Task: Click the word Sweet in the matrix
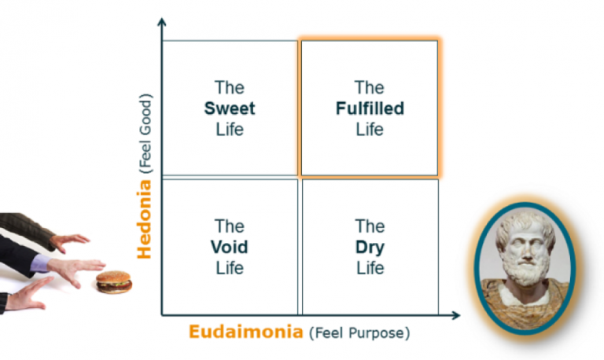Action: point(230,108)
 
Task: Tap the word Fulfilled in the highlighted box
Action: point(369,108)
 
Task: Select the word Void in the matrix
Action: point(230,248)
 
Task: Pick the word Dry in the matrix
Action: point(369,248)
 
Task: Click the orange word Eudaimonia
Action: point(245,332)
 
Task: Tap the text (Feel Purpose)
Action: point(359,332)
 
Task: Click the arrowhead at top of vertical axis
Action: point(162,21)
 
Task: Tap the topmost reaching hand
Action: point(71,240)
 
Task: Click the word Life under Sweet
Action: point(230,129)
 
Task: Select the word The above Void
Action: point(230,227)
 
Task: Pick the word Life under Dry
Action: point(369,268)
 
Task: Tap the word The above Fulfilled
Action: point(369,88)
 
